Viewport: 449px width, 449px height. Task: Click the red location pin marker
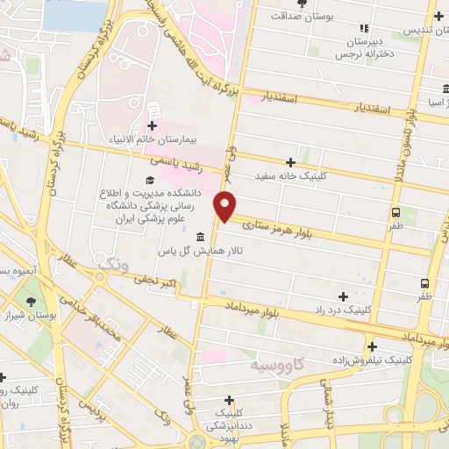tap(225, 205)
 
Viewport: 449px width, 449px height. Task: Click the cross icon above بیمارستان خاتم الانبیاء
tap(153, 125)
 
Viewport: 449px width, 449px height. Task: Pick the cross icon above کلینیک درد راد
tap(342, 296)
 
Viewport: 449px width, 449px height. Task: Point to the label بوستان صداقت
tap(303, 16)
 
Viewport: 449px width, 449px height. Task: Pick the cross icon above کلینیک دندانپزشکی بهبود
tap(229, 400)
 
